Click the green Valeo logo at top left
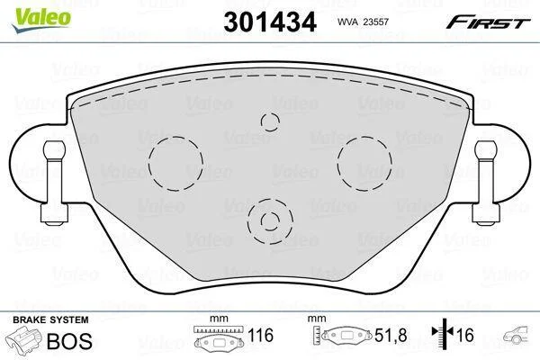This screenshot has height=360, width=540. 41,20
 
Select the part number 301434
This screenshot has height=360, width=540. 270,22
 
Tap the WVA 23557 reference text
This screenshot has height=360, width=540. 363,22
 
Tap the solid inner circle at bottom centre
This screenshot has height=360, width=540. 270,212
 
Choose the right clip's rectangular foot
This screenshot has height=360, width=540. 486,213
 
